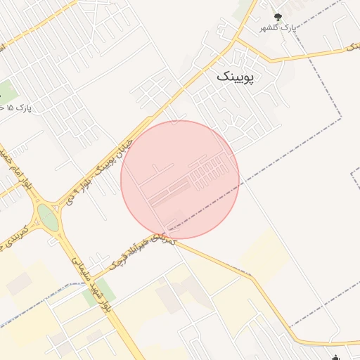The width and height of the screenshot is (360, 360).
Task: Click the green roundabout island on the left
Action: click(x=48, y=217)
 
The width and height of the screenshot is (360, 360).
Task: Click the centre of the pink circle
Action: click(x=180, y=179)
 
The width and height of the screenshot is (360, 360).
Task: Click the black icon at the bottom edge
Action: click(x=337, y=356)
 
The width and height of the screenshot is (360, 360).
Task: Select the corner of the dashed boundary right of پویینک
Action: click(x=342, y=118)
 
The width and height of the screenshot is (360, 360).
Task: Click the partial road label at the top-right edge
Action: click(x=351, y=46)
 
